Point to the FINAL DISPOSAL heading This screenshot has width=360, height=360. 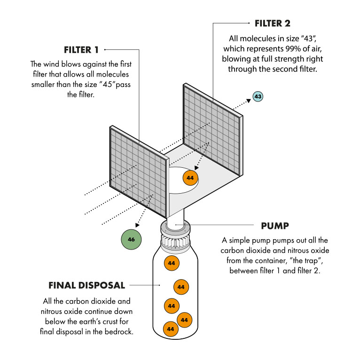(x=87, y=285)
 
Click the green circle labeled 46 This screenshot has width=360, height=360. (x=131, y=240)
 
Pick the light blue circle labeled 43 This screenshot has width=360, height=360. (x=258, y=97)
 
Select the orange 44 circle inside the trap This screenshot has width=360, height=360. (x=190, y=178)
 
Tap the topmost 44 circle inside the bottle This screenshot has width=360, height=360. (x=171, y=263)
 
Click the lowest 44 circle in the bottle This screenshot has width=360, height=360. (x=171, y=329)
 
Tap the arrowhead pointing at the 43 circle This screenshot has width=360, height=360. (x=248, y=101)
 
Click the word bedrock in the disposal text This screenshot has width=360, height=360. (x=119, y=332)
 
